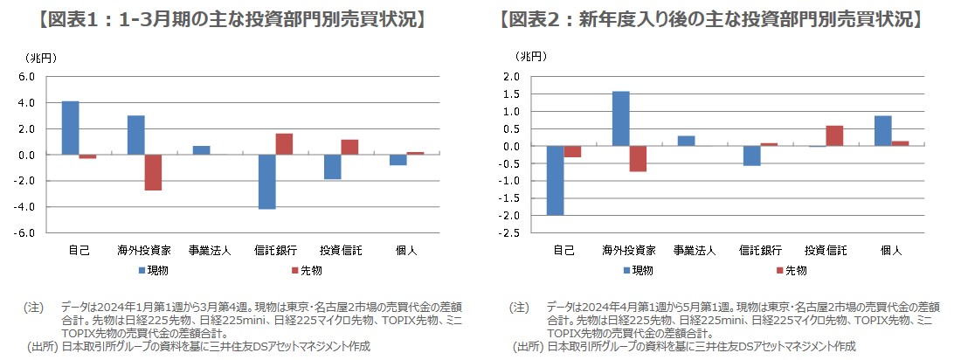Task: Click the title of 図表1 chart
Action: [237, 19]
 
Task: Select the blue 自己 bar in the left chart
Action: [71, 128]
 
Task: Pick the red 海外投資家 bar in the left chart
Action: [153, 172]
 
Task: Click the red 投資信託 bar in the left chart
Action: [349, 147]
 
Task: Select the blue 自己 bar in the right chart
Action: [556, 180]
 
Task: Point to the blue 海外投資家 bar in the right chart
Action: [621, 118]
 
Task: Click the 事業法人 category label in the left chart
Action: [201, 251]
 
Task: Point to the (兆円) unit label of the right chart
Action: [531, 58]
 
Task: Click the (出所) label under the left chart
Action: [42, 346]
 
